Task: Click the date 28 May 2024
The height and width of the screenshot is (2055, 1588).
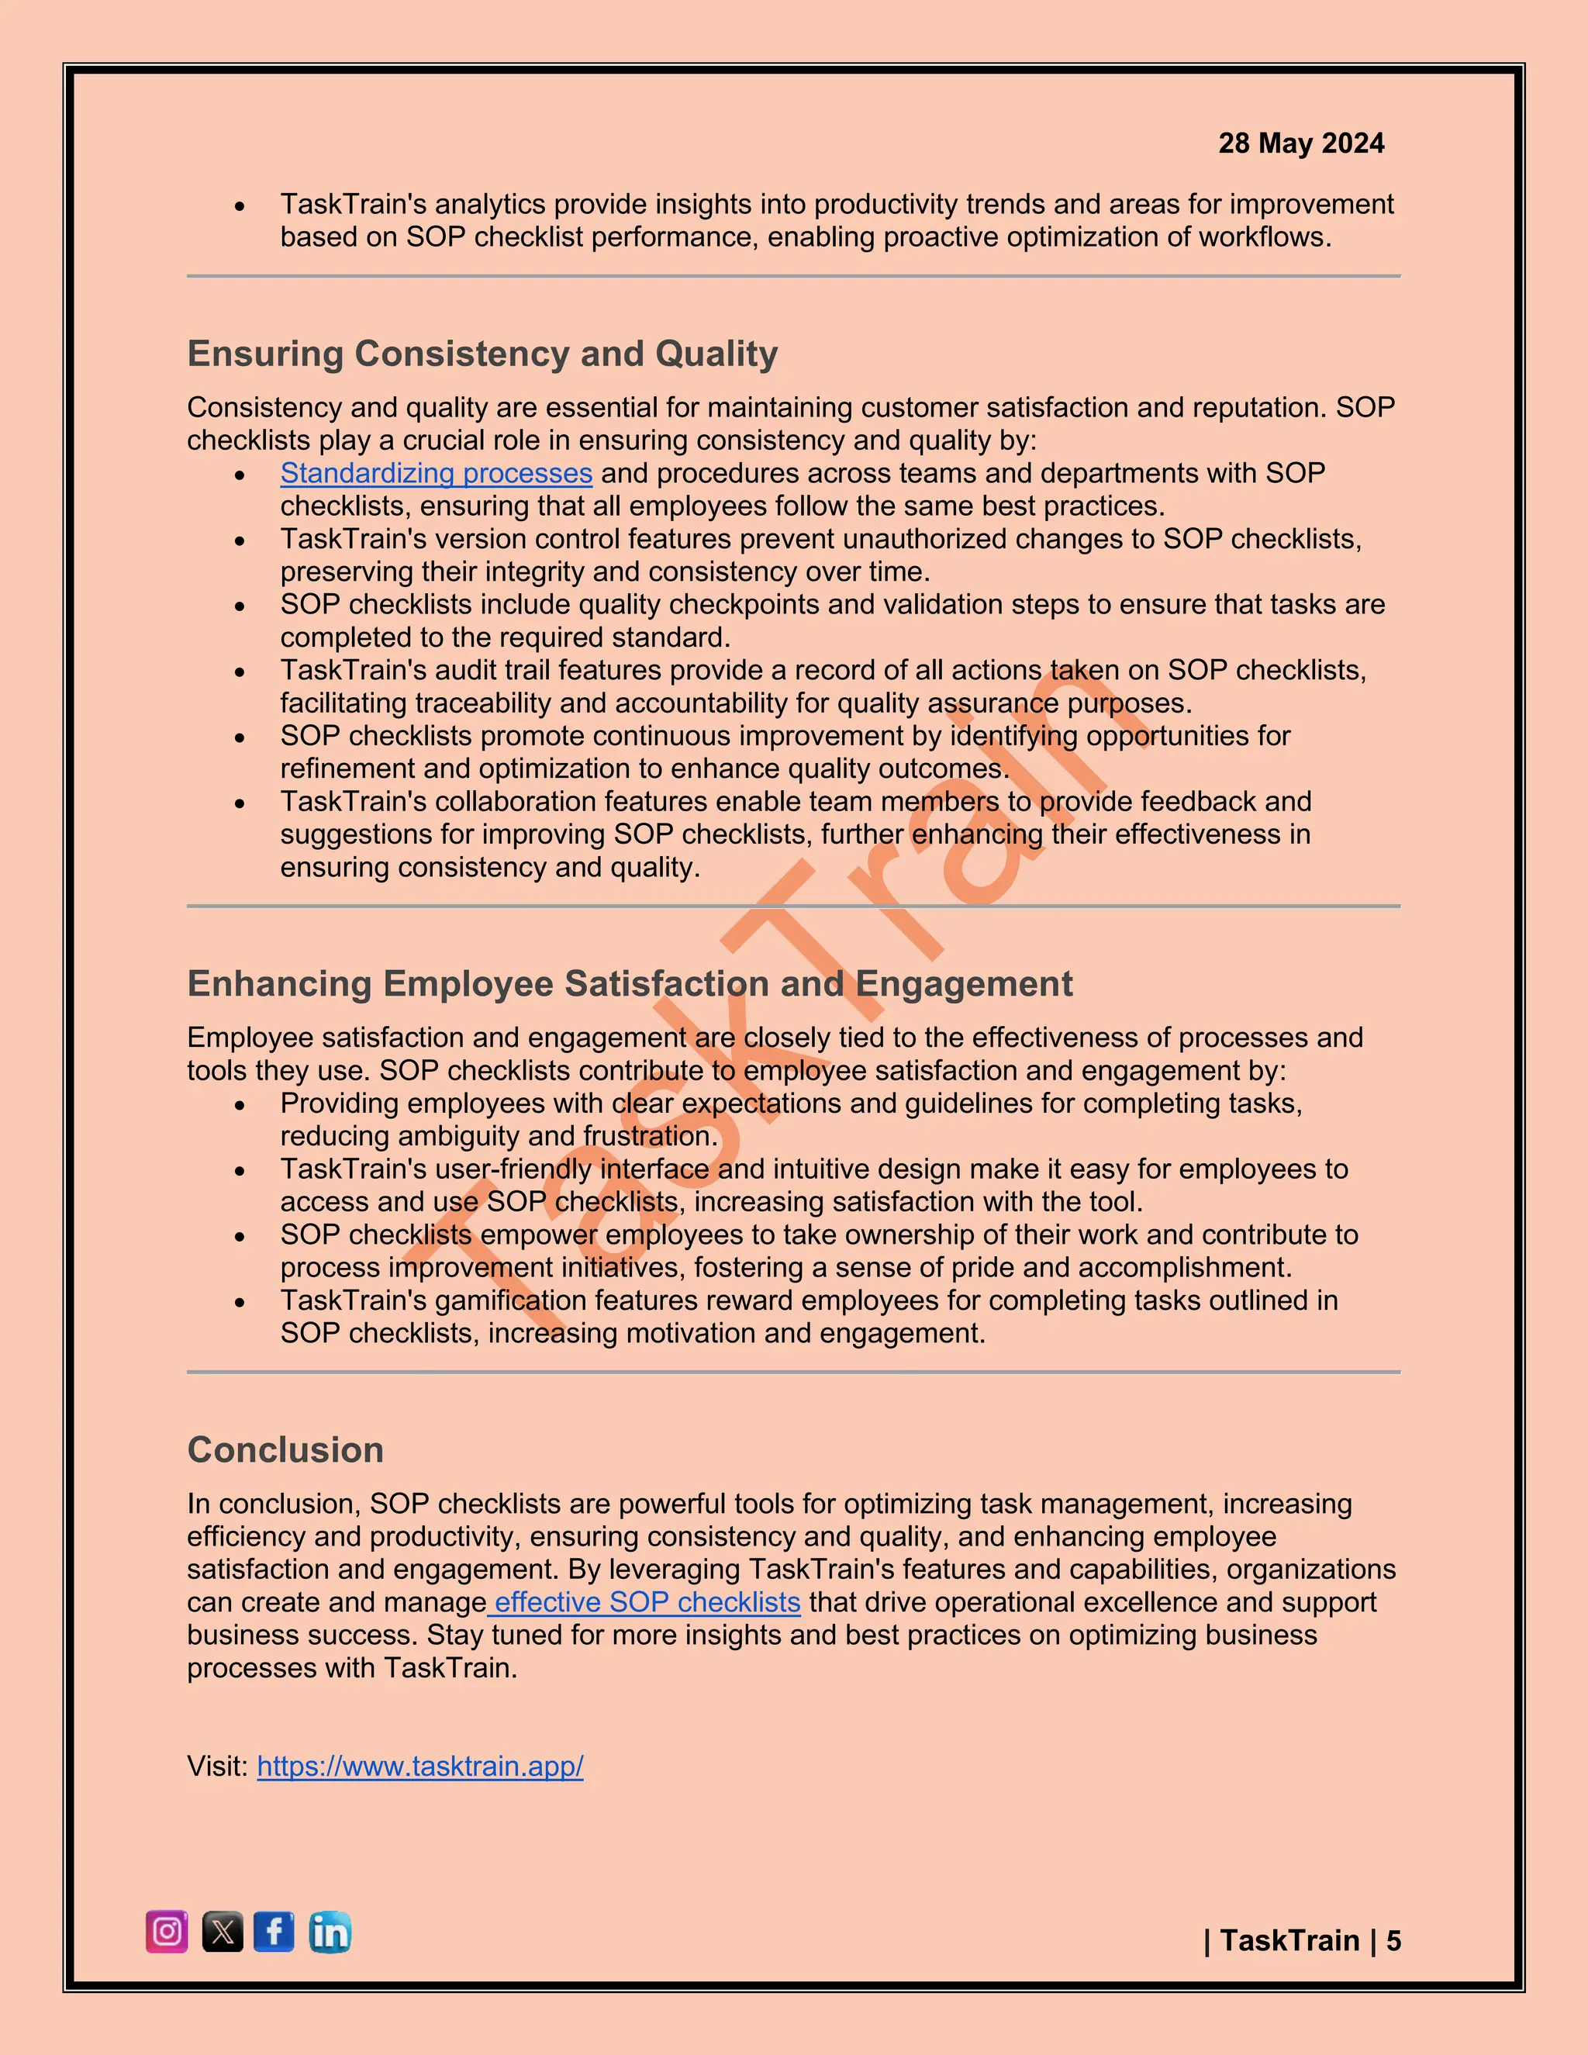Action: (x=1301, y=143)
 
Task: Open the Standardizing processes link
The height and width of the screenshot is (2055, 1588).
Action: (x=436, y=473)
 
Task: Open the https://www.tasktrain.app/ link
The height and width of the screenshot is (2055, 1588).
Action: (x=419, y=1766)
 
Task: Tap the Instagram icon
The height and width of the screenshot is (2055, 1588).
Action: (x=167, y=1932)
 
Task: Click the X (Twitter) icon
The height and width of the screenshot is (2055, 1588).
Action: (x=223, y=1932)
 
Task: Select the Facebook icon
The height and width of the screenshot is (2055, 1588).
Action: (x=274, y=1932)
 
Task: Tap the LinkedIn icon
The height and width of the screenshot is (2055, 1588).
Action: (x=330, y=1932)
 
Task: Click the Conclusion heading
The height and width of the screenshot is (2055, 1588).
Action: (x=285, y=1450)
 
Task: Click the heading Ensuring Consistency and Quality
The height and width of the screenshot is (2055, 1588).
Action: (x=482, y=354)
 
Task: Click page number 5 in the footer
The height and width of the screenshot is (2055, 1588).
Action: (x=1393, y=1940)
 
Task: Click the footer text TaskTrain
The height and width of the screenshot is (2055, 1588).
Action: (x=1289, y=1940)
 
